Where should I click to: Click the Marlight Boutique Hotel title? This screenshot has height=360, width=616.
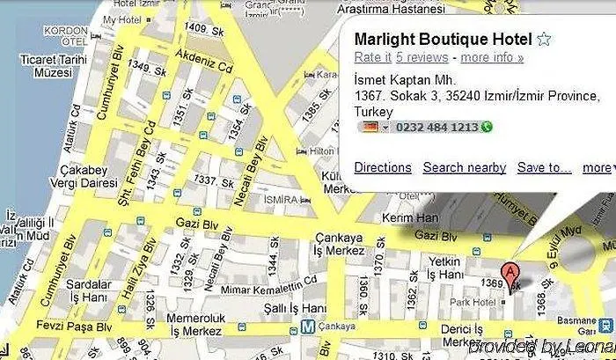443,40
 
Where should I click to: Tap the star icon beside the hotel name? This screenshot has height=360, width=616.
545,40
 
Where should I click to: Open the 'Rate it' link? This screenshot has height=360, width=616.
372,58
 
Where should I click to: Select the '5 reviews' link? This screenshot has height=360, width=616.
422,58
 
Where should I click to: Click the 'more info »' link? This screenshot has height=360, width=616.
492,58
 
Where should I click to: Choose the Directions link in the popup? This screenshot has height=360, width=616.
382,167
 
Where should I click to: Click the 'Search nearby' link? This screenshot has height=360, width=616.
464,167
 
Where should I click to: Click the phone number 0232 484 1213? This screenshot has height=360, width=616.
437,128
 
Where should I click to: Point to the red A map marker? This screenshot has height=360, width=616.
509,274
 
